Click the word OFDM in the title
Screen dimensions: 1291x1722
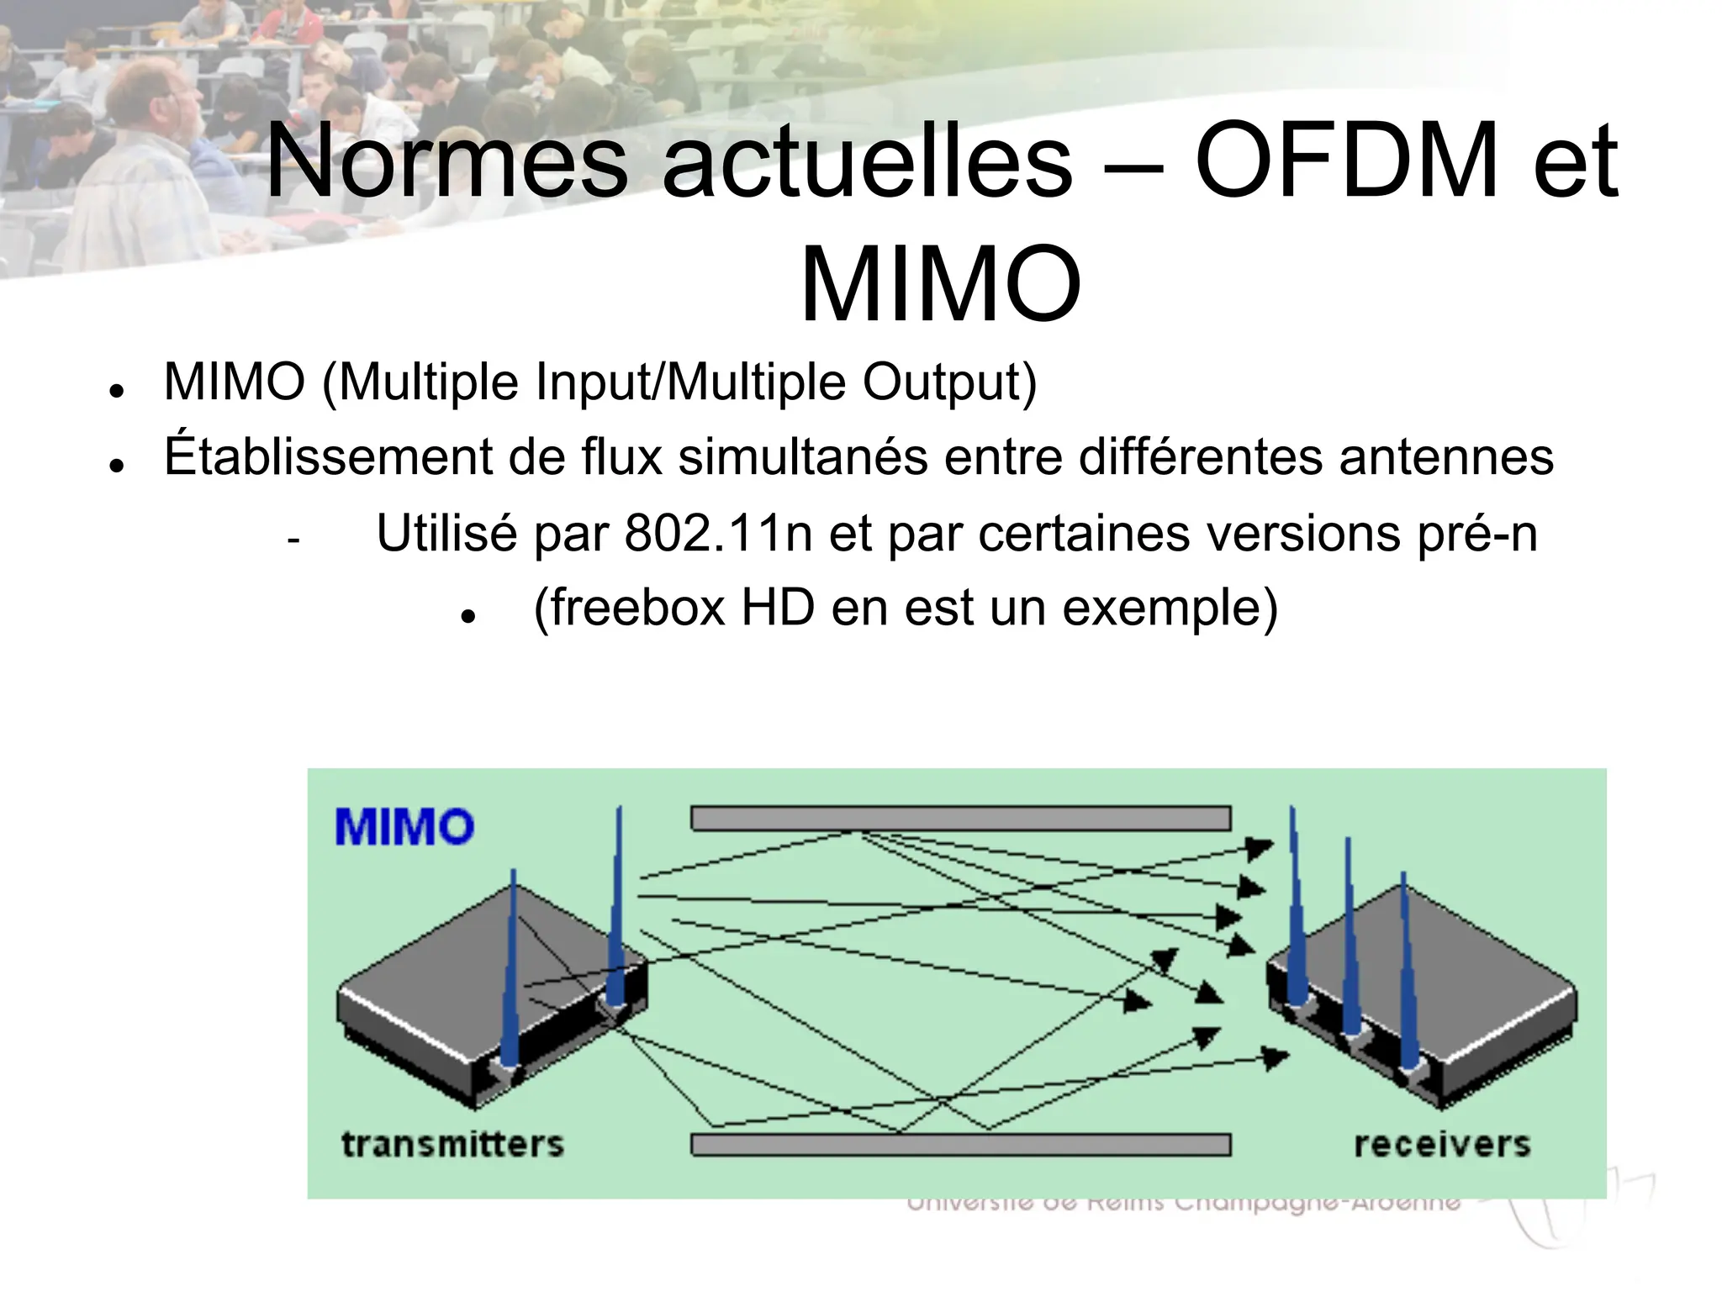[x=1347, y=161]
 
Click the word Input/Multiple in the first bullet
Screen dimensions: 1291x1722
[x=690, y=382]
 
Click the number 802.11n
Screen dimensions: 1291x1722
[x=718, y=533]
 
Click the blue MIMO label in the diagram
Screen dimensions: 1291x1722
[x=404, y=827]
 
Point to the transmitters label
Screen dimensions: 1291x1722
[x=452, y=1145]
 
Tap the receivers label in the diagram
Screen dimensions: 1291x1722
[x=1442, y=1145]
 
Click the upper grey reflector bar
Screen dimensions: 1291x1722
[x=960, y=819]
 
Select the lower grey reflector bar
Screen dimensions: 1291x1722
[x=960, y=1145]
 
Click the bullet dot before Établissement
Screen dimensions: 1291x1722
[x=117, y=466]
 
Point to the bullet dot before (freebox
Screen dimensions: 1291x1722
[x=469, y=616]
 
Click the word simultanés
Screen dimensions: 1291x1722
[x=803, y=458]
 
